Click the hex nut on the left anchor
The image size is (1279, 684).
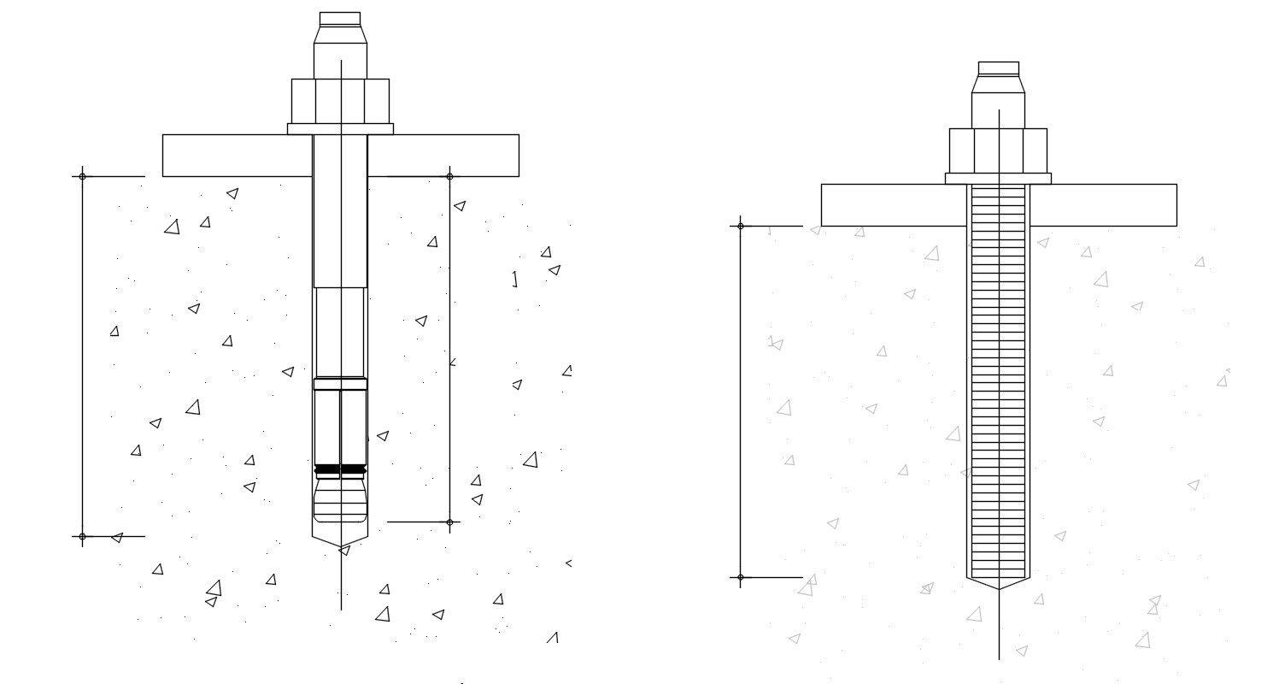340,101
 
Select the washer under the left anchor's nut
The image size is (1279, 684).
340,129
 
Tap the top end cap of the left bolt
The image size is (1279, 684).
340,19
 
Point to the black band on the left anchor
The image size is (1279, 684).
340,469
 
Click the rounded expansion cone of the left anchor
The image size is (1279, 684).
340,499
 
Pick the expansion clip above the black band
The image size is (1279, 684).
340,427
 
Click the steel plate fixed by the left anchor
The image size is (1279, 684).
444,155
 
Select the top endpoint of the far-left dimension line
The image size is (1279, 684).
82,176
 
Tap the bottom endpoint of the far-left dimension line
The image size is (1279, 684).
82,537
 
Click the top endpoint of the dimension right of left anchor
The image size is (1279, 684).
450,176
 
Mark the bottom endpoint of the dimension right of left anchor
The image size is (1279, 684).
450,522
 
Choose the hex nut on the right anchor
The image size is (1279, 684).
998,150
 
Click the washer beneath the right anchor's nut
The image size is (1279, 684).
998,179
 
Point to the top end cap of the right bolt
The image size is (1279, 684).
998,68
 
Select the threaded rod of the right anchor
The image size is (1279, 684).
998,385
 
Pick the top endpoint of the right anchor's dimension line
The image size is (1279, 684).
740,226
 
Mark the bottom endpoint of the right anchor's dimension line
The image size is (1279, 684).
740,577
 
